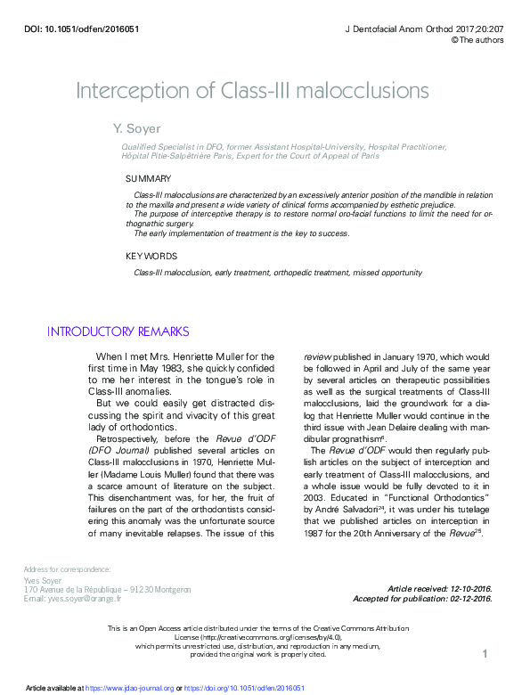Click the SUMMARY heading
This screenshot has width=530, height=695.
149,178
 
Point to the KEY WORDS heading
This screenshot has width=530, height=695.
151,257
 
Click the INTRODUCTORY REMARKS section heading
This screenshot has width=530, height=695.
118,331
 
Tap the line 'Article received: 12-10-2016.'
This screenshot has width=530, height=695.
440,589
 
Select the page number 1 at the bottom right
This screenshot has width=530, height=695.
485,655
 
